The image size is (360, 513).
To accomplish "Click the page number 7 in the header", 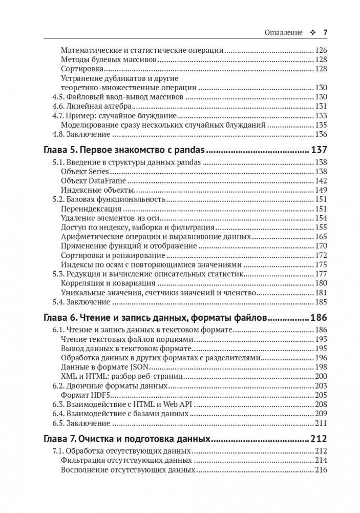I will coord(325,32).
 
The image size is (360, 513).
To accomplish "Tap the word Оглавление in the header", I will coord(283,32).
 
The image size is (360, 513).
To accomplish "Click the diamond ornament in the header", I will coord(312,32).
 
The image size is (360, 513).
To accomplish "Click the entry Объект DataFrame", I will coord(93,181).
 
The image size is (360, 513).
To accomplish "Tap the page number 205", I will coord(320,395).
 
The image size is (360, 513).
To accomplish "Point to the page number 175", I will coord(320,264).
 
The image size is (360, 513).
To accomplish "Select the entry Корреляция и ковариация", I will coord(108,283).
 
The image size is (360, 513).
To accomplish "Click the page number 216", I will coord(320,469).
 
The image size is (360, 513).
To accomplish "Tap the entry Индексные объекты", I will coord(91,190).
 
